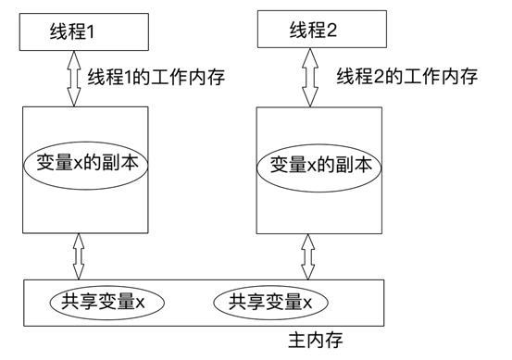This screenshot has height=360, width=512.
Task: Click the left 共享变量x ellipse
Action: pos(103,302)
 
